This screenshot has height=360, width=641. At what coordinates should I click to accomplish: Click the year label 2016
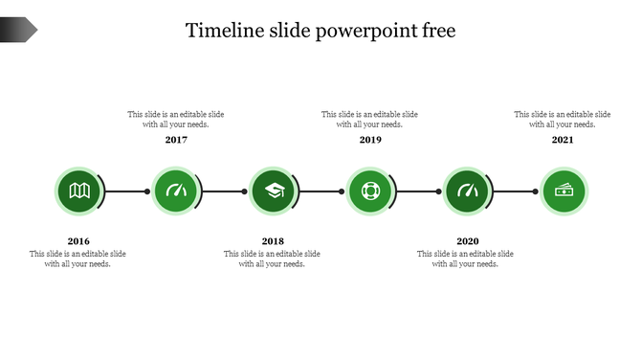click(78, 241)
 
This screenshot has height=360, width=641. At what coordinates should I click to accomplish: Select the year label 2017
click(176, 140)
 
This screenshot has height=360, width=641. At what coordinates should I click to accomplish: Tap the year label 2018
click(273, 241)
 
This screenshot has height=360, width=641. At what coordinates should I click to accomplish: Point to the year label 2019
click(370, 140)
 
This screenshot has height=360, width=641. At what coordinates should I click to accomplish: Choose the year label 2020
click(467, 241)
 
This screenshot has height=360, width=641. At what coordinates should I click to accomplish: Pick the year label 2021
click(563, 140)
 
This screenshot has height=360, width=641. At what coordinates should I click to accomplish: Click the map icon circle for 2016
click(78, 191)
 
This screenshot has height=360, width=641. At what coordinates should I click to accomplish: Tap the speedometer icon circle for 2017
click(176, 191)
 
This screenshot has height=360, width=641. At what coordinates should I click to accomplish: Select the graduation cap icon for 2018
click(274, 191)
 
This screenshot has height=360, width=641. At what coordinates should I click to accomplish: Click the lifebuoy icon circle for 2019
click(370, 191)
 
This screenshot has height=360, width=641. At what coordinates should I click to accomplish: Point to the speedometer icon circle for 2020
click(468, 191)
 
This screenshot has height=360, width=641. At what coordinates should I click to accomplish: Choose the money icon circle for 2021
click(564, 191)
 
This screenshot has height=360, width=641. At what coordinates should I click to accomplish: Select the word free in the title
click(438, 31)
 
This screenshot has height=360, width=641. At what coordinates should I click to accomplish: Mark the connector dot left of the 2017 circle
click(147, 191)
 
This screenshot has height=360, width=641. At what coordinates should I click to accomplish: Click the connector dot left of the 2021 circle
click(535, 191)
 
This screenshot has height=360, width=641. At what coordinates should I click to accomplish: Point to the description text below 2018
click(273, 259)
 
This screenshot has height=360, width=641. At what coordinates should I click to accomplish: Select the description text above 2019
click(369, 119)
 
